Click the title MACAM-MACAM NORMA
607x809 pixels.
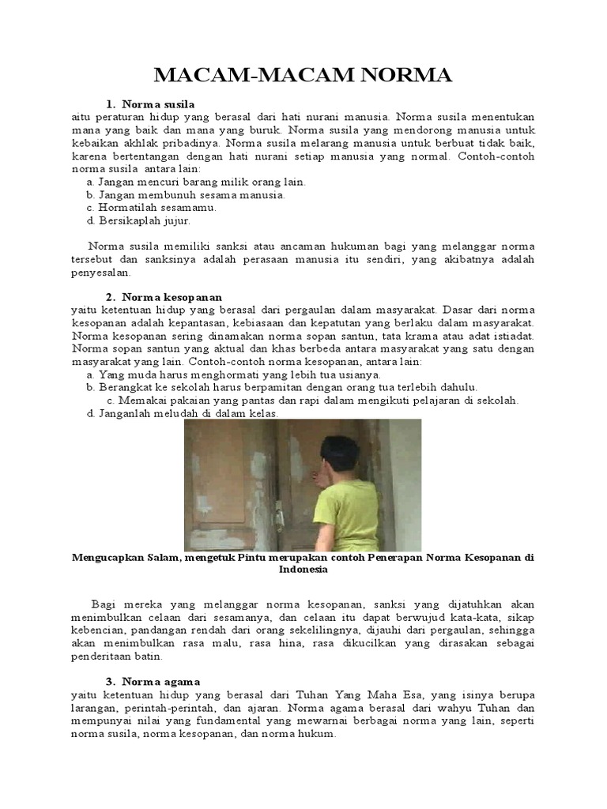point(303,76)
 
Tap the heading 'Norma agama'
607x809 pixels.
point(161,681)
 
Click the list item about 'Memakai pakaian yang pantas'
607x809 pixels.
point(312,400)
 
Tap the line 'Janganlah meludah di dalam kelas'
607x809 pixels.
point(183,412)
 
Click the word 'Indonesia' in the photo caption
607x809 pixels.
point(303,569)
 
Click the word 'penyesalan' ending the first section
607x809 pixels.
point(101,272)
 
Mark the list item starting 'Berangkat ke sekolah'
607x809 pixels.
point(283,387)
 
